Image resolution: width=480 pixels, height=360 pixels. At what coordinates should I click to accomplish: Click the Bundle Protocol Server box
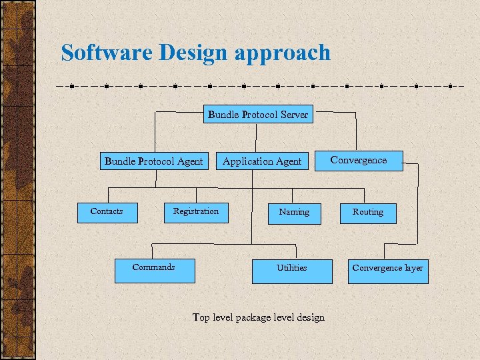[258, 115]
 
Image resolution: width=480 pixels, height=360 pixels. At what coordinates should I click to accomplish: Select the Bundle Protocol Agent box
[153, 161]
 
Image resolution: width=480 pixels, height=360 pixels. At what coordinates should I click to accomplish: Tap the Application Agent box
[262, 161]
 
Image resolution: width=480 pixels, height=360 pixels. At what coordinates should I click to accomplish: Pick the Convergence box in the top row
[359, 161]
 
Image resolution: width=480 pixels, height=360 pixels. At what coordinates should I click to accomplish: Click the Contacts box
[107, 212]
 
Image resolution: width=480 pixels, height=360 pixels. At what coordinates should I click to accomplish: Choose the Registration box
[196, 212]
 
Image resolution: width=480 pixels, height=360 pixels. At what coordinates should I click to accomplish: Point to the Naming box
[294, 213]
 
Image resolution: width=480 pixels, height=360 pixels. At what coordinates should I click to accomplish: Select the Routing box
[368, 213]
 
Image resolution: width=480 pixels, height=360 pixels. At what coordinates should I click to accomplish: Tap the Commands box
[154, 270]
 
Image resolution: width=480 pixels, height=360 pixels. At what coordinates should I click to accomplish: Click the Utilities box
[291, 270]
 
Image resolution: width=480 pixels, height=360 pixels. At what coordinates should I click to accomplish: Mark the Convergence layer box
[388, 270]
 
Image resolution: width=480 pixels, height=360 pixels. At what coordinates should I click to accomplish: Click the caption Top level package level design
[259, 317]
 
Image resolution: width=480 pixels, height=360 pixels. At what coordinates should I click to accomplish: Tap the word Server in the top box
[295, 115]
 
